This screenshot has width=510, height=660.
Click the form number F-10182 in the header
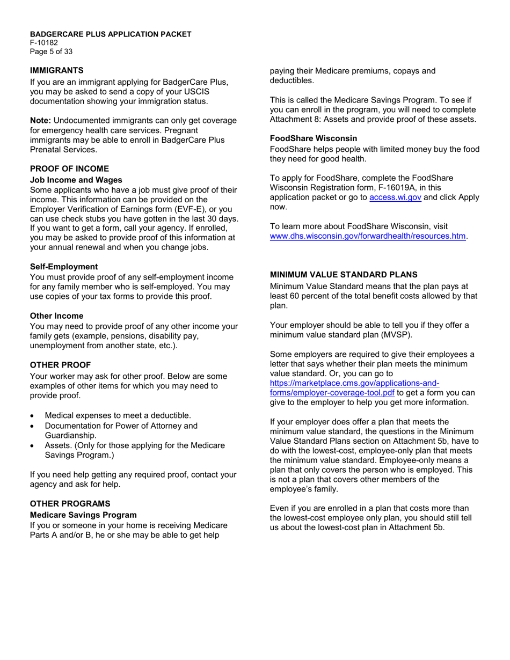click(x=44, y=43)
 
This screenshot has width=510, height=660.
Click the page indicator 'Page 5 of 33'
click(x=51, y=52)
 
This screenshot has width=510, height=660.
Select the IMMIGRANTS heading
click(x=56, y=70)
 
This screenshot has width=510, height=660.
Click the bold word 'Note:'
click(x=41, y=120)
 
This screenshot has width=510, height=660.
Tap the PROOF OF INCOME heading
click(x=69, y=168)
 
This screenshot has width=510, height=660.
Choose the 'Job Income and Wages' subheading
click(x=76, y=180)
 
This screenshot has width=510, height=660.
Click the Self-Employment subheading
click(x=64, y=267)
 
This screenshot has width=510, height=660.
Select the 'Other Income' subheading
click(x=56, y=316)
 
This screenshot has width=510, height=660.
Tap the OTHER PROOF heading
click(x=60, y=365)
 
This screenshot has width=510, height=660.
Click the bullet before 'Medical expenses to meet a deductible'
click(x=34, y=416)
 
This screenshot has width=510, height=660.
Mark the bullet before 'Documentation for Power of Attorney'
click(x=34, y=426)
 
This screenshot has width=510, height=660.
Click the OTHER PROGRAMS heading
click(x=70, y=503)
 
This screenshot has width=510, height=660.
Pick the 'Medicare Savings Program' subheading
click(x=83, y=515)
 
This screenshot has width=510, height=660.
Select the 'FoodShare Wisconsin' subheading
click(x=313, y=138)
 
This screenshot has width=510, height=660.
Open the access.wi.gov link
click(x=395, y=197)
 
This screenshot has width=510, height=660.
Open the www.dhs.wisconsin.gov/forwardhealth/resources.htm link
click(x=367, y=236)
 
